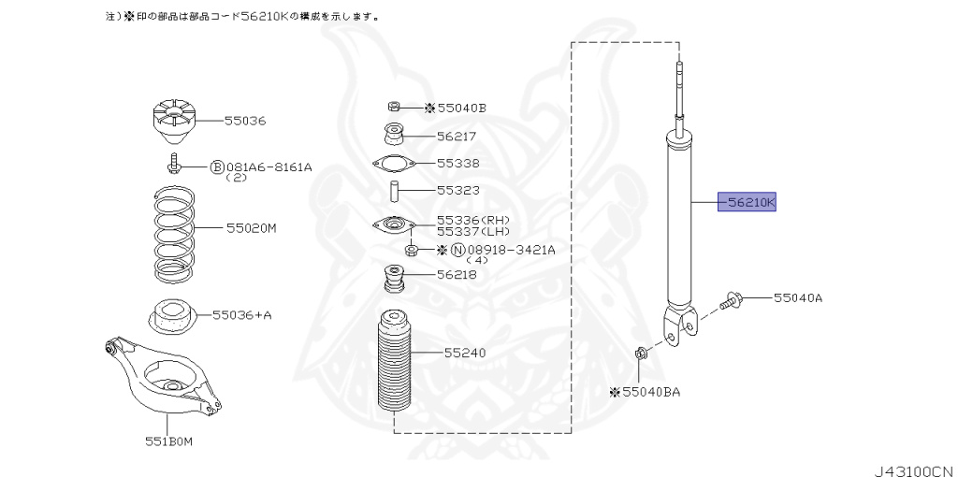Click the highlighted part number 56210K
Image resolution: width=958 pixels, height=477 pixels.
pos(747,202)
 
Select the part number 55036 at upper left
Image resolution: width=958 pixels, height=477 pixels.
pos(245,121)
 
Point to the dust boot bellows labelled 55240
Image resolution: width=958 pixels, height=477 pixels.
pos(395,365)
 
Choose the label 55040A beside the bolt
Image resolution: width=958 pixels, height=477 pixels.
pos(797,298)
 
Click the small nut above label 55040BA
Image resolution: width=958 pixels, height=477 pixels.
pos(641,354)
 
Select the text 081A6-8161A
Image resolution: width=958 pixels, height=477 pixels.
pos(269,167)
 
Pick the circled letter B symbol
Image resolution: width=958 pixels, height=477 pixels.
pos(217,167)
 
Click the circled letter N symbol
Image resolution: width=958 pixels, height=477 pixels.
pos(457,250)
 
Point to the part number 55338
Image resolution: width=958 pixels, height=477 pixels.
pos(457,163)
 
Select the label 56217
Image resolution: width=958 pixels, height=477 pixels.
pos(457,136)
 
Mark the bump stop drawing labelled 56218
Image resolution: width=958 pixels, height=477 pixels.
pos(394,281)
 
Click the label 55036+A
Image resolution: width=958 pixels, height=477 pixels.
pos(241,315)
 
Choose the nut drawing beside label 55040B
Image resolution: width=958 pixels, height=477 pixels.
pos(395,107)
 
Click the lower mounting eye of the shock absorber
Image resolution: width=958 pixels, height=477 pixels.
pos(681,328)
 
